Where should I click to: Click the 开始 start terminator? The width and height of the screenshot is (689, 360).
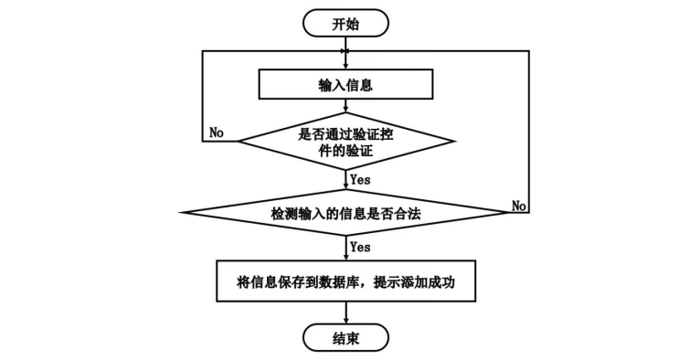[345, 23]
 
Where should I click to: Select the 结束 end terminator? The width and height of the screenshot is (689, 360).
[345, 337]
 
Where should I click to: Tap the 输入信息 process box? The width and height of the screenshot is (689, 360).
[345, 84]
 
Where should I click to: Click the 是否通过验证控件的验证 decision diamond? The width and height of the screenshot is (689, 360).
[345, 141]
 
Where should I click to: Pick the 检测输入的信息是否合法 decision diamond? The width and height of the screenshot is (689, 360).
[345, 213]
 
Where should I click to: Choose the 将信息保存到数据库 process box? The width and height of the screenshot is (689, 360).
[345, 281]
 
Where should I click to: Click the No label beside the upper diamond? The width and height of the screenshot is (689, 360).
[217, 132]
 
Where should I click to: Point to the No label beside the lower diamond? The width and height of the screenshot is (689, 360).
[519, 206]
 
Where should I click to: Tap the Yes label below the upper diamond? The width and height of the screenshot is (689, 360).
[360, 179]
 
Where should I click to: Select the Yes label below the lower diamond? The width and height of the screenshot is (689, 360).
[360, 247]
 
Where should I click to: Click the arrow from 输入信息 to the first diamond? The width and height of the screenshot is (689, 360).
[345, 106]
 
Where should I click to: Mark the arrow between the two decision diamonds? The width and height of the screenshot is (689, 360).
[345, 180]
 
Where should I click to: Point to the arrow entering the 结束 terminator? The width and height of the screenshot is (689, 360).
[345, 313]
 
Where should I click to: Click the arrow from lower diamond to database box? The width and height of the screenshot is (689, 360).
[345, 249]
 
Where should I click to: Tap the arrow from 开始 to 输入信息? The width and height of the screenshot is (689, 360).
[345, 53]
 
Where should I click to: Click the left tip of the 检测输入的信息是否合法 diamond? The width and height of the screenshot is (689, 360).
[180, 213]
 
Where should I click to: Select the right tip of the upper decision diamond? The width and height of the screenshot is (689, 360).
[454, 141]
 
